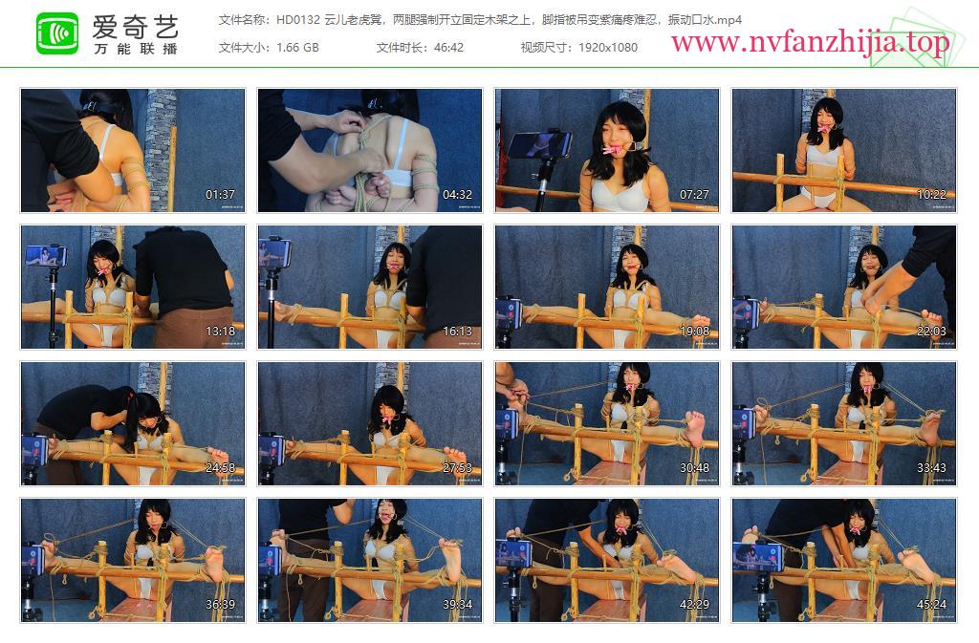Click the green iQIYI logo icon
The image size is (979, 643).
click(x=57, y=33)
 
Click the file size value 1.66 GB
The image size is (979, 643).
click(x=297, y=48)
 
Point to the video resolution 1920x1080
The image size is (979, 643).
click(x=607, y=48)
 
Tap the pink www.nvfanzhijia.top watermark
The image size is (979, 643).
click(x=810, y=42)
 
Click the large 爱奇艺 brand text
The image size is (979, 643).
click(x=136, y=27)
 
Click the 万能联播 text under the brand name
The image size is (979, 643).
click(x=136, y=49)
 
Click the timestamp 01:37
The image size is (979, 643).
click(x=221, y=195)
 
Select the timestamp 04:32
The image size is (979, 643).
click(x=457, y=195)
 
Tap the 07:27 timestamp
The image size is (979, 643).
click(x=694, y=195)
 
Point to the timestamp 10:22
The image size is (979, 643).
click(x=931, y=195)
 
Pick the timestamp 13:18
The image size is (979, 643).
click(x=221, y=332)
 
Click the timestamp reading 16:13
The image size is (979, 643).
click(x=457, y=332)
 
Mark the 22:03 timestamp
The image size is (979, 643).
click(x=931, y=332)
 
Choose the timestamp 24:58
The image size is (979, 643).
click(x=221, y=468)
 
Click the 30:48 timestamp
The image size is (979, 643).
click(x=694, y=468)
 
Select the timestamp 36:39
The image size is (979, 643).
click(x=221, y=605)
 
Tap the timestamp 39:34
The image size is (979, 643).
click(x=457, y=605)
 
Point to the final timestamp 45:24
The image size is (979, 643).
click(x=931, y=605)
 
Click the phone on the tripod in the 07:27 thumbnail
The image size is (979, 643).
click(x=538, y=144)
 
